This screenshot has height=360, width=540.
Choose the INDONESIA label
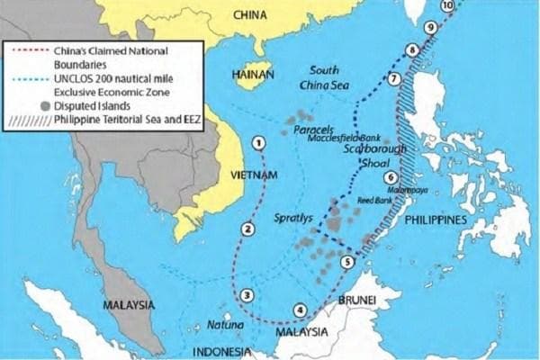pyautogui.click(x=219, y=350)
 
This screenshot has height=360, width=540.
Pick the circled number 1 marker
pyautogui.click(x=259, y=142)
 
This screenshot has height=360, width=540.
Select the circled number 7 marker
pyautogui.click(x=393, y=79)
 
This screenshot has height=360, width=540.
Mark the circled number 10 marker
pyautogui.click(x=448, y=5)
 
